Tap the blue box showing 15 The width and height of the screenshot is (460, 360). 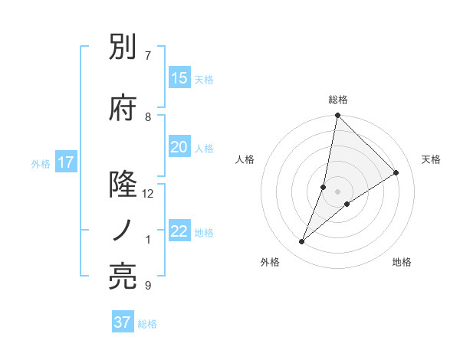click(x=179, y=77)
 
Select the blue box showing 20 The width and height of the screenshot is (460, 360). click(x=179, y=147)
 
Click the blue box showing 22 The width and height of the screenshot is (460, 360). click(x=179, y=231)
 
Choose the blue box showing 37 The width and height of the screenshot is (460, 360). click(x=122, y=322)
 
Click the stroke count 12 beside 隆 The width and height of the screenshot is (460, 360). click(x=148, y=194)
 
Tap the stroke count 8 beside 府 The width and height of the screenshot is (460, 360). click(x=148, y=116)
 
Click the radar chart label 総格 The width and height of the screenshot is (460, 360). click(x=338, y=100)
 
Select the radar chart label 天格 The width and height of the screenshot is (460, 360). click(x=432, y=159)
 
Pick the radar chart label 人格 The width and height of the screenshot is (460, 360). click(x=245, y=159)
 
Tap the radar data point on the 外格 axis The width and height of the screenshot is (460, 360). click(x=302, y=242)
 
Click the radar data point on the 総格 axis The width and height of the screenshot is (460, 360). click(x=338, y=116)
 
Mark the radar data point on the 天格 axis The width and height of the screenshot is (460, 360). click(x=396, y=173)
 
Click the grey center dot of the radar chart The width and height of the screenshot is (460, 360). click(x=338, y=191)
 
